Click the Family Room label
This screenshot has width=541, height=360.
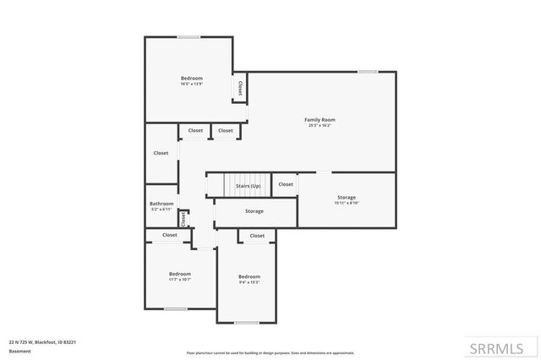pos(320,120)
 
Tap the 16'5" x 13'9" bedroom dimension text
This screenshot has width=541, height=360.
pos(191,84)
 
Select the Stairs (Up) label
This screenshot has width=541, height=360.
pos(248,185)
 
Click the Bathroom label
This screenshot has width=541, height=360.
pos(161,203)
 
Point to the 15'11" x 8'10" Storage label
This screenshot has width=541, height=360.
pos(347,203)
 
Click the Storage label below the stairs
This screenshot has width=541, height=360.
pos(254,211)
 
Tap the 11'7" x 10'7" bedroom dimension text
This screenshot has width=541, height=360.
pos(179,280)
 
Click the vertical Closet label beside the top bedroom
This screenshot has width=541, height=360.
pos(240,88)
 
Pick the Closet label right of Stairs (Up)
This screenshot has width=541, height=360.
pos(286,184)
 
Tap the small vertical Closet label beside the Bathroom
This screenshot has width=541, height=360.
pos(182,219)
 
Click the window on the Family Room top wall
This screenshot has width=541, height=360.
pos(367,72)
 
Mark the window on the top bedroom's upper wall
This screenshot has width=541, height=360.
pos(189,36)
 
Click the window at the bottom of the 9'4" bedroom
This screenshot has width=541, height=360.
pos(246,323)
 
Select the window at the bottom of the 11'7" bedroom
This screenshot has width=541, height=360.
pos(176,308)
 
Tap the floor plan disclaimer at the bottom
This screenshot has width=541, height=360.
pos(270,353)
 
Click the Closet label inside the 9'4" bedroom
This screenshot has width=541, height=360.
pos(257,236)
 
